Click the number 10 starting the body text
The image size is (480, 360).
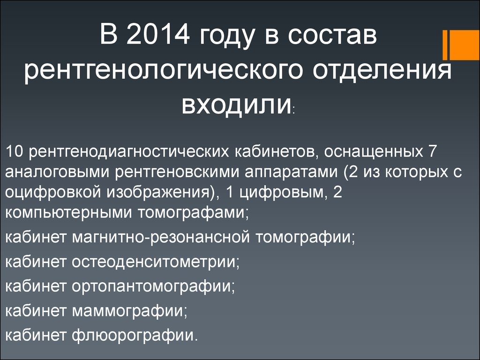[x=14, y=151]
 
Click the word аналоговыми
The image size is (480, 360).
[x=57, y=172]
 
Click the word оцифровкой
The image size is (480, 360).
[x=53, y=193]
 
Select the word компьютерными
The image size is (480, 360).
[x=68, y=213]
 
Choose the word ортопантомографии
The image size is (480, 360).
[x=153, y=286]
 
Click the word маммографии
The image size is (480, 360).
[x=129, y=311]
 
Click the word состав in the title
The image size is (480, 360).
[x=332, y=35]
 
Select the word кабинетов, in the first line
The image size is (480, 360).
[x=276, y=152]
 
